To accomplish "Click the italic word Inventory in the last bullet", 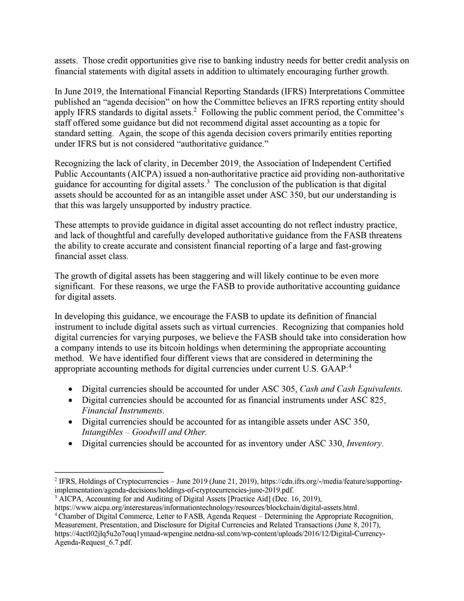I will pyautogui.click(x=364, y=443).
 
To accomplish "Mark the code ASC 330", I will pyautogui.click(x=327, y=443).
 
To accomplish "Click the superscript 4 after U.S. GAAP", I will pyautogui.click(x=350, y=366).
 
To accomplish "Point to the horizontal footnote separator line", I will pyautogui.click(x=109, y=472).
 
